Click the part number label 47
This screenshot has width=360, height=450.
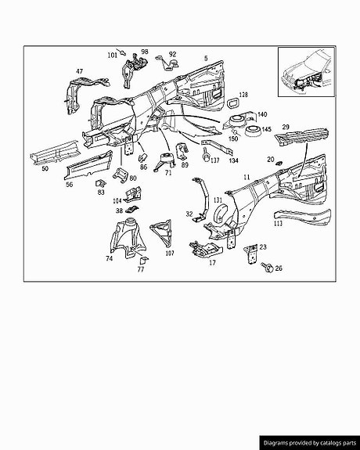click(80, 71)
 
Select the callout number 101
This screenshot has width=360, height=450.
click(112, 55)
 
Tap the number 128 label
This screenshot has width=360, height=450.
click(243, 95)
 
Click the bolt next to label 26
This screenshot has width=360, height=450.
click(267, 267)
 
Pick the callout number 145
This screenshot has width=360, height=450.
click(266, 129)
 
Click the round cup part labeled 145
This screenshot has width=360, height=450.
click(253, 131)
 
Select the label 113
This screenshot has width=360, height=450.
click(278, 223)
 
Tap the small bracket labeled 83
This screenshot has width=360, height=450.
click(100, 184)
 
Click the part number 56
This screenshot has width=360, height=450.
click(69, 185)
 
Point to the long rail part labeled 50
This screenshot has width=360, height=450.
click(54, 153)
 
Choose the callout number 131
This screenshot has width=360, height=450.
click(218, 200)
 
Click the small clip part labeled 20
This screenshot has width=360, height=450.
click(278, 164)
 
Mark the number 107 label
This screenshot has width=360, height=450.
click(170, 254)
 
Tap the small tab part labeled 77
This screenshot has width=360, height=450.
click(142, 260)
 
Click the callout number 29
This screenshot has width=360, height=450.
click(286, 127)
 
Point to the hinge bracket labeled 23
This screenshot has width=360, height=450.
click(251, 254)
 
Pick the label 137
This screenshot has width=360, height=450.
click(214, 160)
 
